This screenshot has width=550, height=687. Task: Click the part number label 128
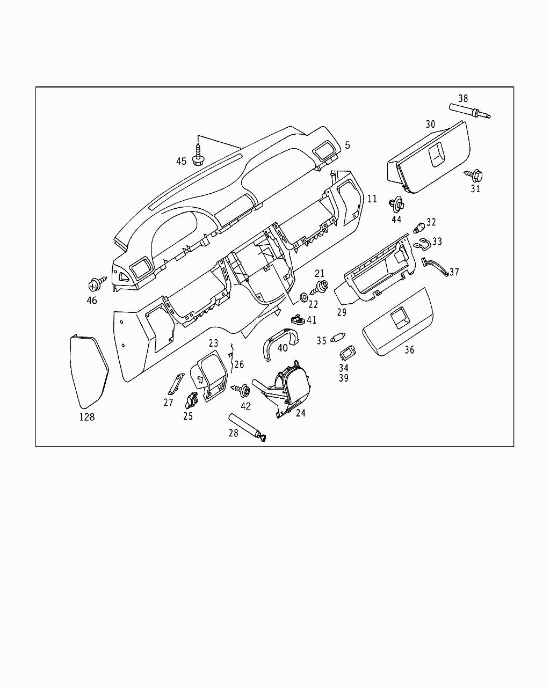pos(87,416)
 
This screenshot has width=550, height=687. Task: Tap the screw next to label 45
pos(198,152)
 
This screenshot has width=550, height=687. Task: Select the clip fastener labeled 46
pos(97,282)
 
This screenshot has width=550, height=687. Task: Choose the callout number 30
pos(430,124)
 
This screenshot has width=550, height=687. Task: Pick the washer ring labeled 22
pos(303,296)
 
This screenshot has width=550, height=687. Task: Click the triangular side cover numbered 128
pos(89,371)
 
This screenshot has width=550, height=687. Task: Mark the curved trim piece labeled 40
pos(280,346)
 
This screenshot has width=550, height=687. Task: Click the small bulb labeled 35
pos(338,338)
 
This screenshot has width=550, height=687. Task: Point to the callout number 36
pos(409,350)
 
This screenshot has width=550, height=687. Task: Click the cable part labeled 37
pos(435,267)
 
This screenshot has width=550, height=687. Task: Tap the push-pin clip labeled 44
pos(397,204)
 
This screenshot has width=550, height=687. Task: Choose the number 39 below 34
pos(344,378)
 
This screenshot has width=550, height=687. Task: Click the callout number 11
pos(372,199)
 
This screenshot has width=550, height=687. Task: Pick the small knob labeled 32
pos(418,226)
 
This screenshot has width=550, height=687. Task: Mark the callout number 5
pos(348,145)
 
